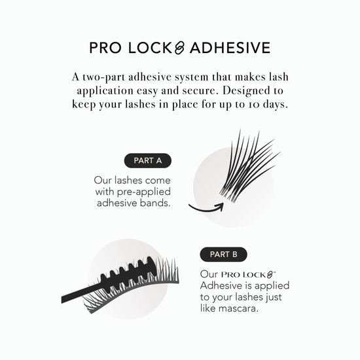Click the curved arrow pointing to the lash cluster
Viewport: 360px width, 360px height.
pos(204,208)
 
